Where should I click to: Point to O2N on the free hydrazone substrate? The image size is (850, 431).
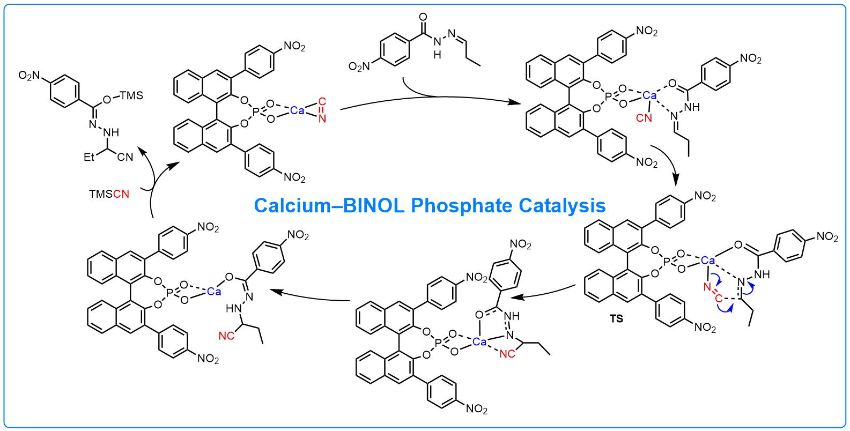[x=359, y=67]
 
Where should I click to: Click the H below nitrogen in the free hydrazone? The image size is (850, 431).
[x=437, y=55]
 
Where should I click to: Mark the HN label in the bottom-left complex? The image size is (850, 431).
[x=233, y=308]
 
